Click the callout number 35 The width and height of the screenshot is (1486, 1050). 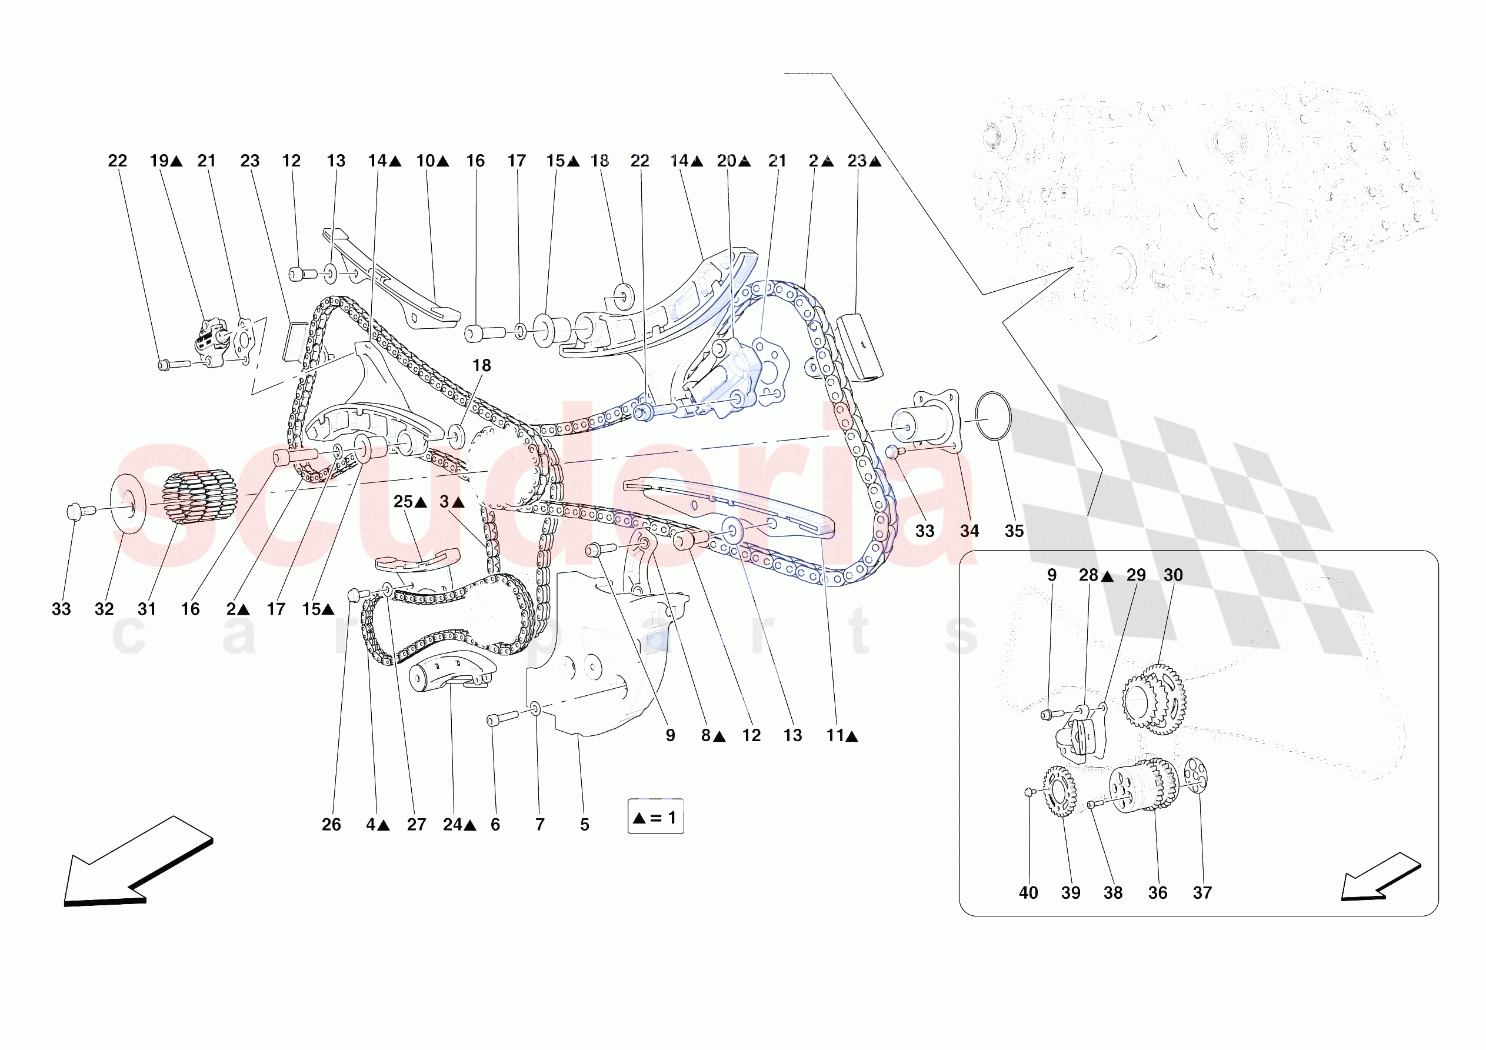1014,532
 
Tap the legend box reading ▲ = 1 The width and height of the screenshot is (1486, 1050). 655,818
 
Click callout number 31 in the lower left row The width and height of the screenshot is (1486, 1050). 147,609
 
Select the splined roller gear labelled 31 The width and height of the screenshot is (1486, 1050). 198,496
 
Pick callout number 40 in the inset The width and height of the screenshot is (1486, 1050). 1028,894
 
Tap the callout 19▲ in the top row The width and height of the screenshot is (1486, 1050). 166,161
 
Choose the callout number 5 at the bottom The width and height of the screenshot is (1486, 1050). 584,825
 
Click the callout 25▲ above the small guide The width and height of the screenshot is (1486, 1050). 409,502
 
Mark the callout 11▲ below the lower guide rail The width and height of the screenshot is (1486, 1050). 841,735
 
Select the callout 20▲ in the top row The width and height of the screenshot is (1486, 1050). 733,161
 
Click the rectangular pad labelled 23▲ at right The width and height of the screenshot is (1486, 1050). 860,348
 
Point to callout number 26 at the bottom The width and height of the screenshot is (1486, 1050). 331,825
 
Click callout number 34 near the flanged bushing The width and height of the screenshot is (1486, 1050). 969,532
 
